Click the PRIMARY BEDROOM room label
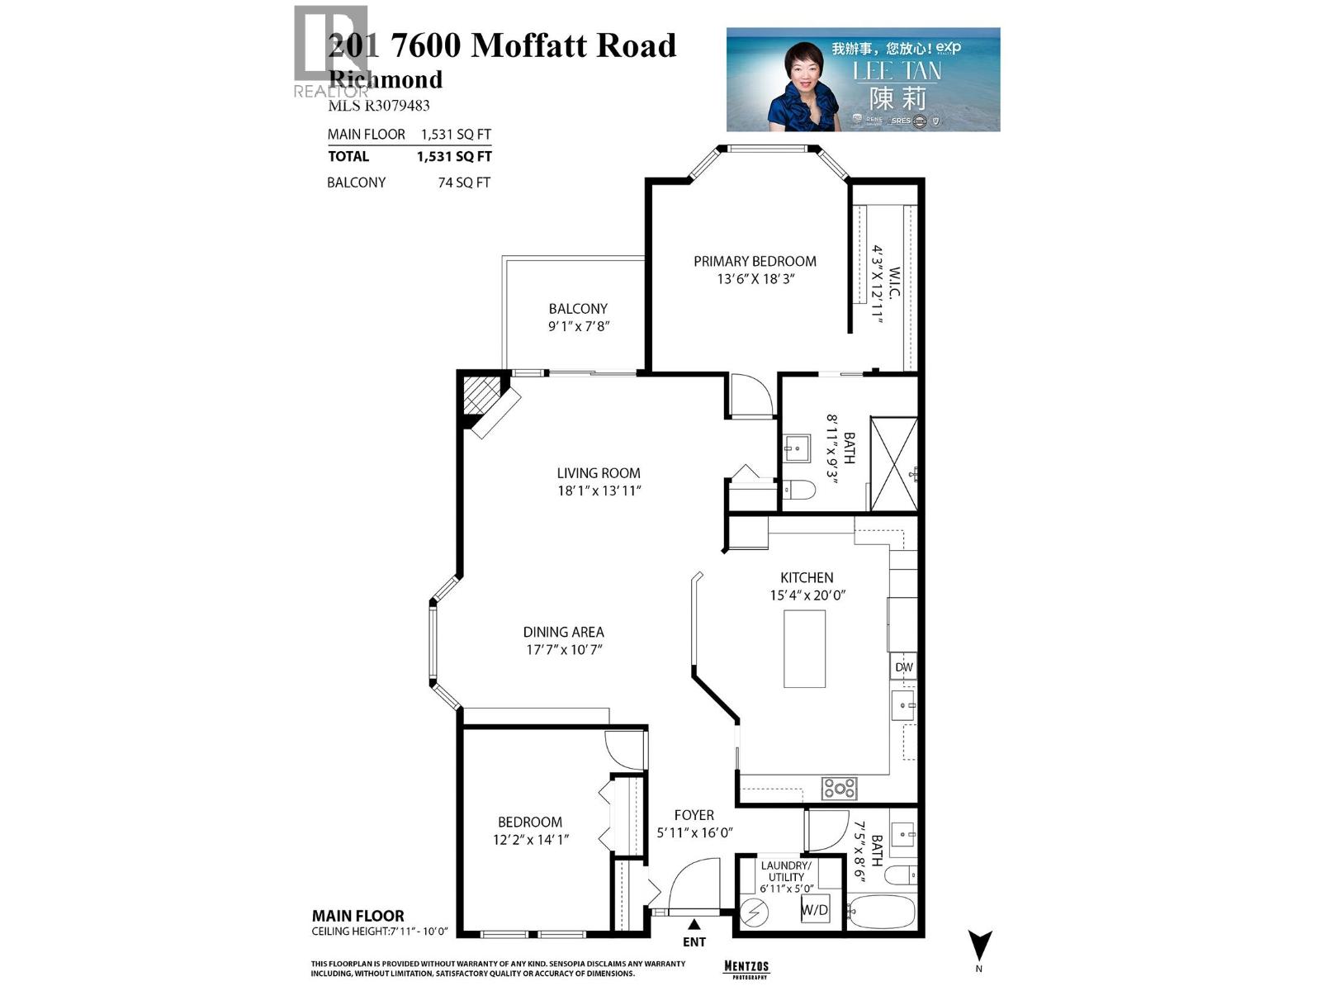coord(755,262)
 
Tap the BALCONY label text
coord(578,309)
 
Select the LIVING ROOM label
coord(599,473)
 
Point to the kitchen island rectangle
coord(804,648)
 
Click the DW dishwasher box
coord(903,667)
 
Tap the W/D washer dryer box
coord(815,910)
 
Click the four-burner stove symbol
coord(839,789)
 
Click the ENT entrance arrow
coord(694,924)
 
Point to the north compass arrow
coord(979,945)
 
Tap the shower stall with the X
coord(893,464)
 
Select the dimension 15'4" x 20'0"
coord(807,595)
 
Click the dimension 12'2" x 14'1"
coord(529,840)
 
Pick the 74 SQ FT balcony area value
coord(464,183)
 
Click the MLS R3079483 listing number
coord(379,106)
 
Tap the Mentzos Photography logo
coord(746,968)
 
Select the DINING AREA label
coord(563,632)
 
